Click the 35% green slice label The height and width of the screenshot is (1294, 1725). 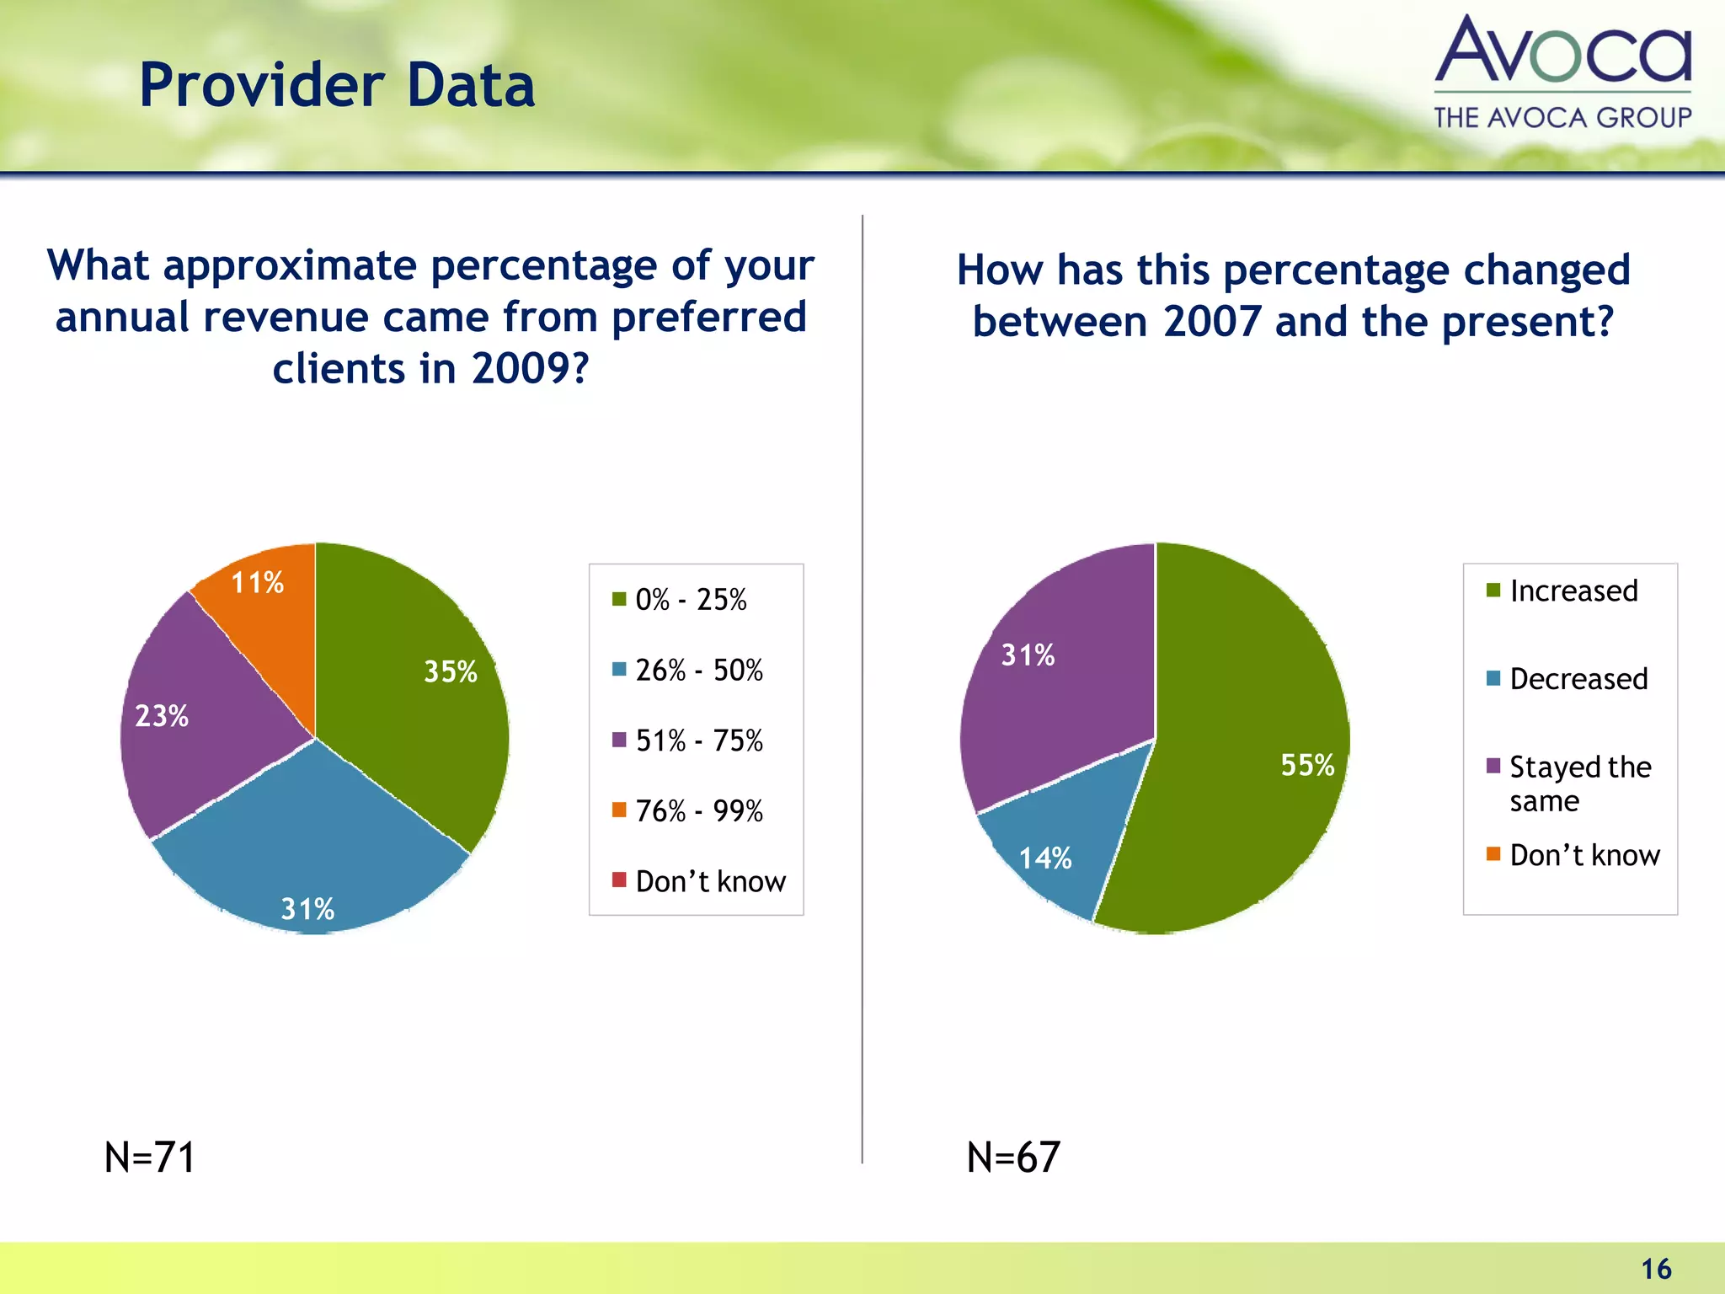[450, 671]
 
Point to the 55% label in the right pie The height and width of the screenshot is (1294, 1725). [1307, 765]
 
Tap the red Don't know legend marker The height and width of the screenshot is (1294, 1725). [619, 880]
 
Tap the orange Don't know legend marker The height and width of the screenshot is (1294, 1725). [1493, 854]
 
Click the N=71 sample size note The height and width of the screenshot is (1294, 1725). [150, 1157]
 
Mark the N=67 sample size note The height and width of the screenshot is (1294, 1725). [1013, 1157]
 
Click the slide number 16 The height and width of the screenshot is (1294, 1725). [1656, 1269]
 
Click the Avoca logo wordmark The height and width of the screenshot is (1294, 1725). [1563, 51]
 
